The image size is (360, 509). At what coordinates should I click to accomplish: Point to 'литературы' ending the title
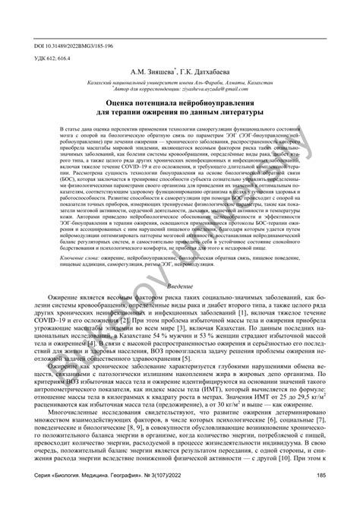(245, 115)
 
